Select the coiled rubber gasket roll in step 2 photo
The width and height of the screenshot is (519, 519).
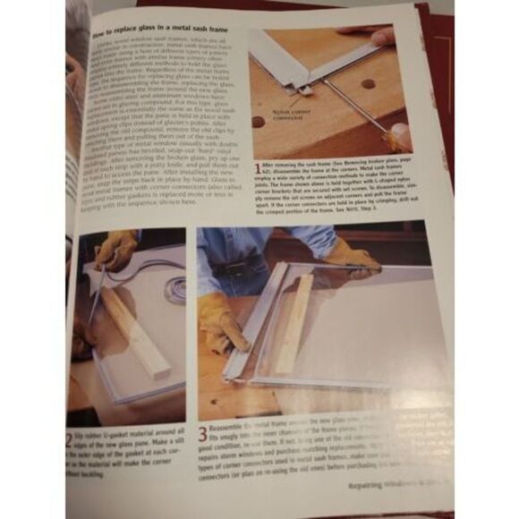click(175, 289)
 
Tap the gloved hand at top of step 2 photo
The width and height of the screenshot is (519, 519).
click(116, 250)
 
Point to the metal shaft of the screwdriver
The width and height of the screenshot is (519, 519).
click(354, 107)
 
